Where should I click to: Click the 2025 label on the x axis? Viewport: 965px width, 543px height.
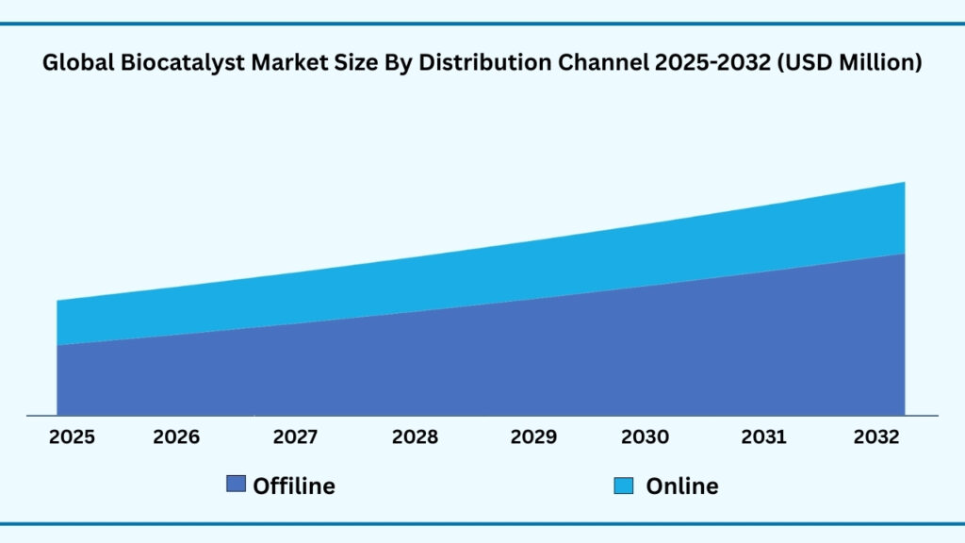(x=72, y=437)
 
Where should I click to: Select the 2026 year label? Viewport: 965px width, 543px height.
(x=176, y=437)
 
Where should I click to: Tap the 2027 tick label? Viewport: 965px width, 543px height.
(x=295, y=437)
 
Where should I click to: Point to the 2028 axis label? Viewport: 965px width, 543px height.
(x=415, y=437)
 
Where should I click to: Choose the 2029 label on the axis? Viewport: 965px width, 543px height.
(x=533, y=437)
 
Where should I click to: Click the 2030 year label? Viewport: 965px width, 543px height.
(x=646, y=437)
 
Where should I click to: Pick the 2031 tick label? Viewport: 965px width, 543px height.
(x=764, y=437)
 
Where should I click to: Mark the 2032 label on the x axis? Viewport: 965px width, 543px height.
(x=876, y=437)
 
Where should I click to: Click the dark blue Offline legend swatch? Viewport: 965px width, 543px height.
(x=236, y=485)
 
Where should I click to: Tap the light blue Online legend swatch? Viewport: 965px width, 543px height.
(x=623, y=485)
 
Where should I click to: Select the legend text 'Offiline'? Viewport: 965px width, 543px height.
(x=294, y=486)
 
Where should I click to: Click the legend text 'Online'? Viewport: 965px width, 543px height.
(x=682, y=486)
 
